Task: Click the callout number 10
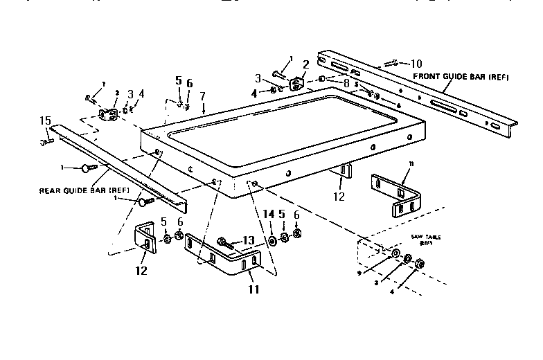[416, 63]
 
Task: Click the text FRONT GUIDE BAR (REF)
[461, 76]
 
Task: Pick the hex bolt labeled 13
[224, 242]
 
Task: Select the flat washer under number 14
[271, 240]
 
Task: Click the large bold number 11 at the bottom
[254, 289]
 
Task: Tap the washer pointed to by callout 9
[395, 255]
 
